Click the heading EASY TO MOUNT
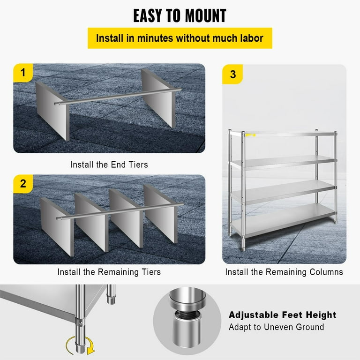(x=180, y=15)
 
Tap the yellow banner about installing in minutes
(x=180, y=38)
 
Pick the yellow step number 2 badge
(x=22, y=183)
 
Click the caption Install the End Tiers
(x=109, y=165)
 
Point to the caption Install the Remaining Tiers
(x=109, y=272)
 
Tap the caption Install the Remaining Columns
(x=284, y=272)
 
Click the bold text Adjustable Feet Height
(x=282, y=315)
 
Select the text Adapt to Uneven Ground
(x=276, y=327)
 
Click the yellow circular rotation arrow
(x=78, y=346)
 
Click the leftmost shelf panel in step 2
(x=57, y=225)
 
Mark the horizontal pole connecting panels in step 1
(x=112, y=96)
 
